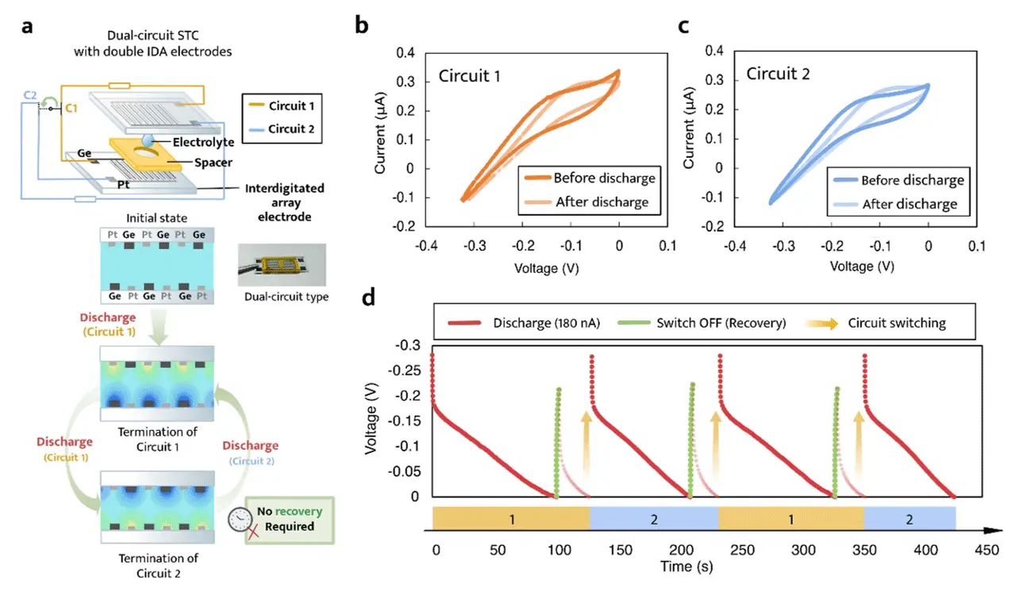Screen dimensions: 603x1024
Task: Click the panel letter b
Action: coord(361,25)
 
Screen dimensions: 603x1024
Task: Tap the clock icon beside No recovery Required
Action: coord(241,519)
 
